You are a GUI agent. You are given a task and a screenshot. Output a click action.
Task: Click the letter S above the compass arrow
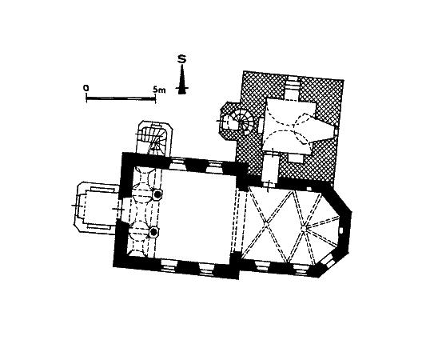click(182, 59)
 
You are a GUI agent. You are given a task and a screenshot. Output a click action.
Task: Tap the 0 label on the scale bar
click(86, 88)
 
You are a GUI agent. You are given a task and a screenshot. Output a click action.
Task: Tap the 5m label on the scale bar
click(159, 90)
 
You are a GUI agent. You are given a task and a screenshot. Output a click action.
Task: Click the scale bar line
click(121, 98)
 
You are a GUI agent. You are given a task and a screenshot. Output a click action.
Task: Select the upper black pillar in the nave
click(157, 194)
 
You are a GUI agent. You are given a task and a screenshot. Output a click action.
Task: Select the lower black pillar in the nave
click(153, 232)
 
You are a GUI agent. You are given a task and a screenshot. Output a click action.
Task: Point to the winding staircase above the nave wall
click(154, 138)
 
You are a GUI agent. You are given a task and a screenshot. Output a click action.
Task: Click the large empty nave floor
click(197, 214)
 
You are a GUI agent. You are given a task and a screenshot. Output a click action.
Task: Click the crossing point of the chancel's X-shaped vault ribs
click(268, 222)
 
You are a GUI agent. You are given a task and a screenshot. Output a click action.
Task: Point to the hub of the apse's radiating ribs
click(305, 226)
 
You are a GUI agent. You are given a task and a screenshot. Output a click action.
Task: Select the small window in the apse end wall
click(341, 230)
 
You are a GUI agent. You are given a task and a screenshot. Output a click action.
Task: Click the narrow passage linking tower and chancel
click(269, 169)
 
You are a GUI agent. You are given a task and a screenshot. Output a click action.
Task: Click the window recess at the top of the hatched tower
click(293, 88)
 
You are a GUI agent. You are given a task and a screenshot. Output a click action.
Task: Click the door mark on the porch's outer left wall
click(76, 206)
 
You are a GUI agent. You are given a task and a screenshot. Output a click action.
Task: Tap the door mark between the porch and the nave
click(117, 209)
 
